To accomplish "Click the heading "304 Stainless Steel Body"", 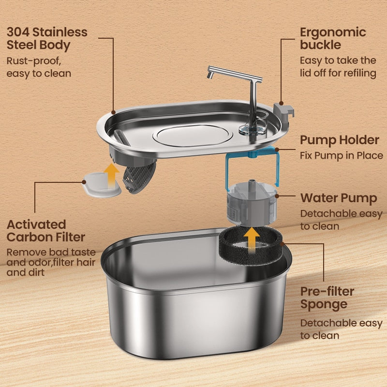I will (x=47, y=39).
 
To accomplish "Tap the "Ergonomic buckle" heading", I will (x=333, y=39).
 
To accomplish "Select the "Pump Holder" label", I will (x=339, y=140).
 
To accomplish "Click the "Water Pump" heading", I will (x=338, y=198).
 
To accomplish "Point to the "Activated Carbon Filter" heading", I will (x=46, y=231).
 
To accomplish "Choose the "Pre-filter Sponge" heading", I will (x=327, y=298).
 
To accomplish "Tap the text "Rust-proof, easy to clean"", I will (x=39, y=67).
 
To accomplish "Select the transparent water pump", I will (x=251, y=203).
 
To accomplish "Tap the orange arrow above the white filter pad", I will (x=112, y=172).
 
